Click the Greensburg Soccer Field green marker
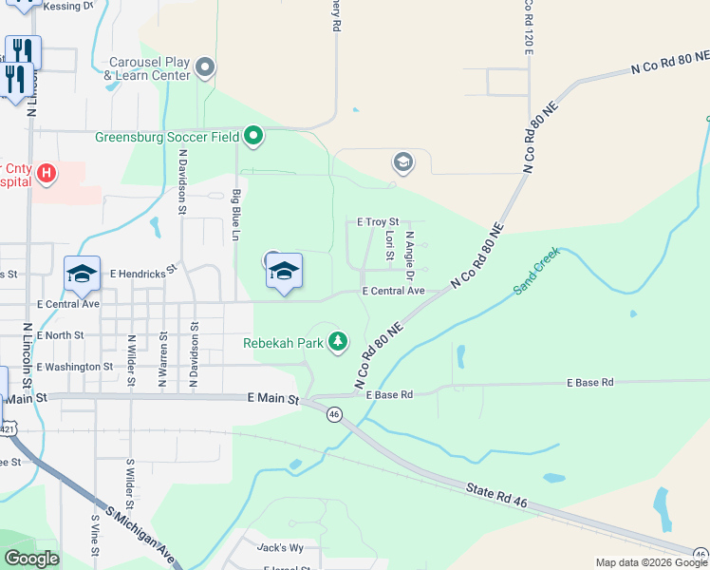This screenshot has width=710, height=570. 252,137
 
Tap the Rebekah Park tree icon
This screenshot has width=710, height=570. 338,342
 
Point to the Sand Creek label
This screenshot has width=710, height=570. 538,271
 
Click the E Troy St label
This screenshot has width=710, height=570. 377,221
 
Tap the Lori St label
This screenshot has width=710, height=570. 390,245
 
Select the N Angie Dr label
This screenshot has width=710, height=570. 410,254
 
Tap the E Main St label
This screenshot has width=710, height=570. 272,399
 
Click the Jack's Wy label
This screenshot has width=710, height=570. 280,547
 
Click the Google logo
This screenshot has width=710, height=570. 31,559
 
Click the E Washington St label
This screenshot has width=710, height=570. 74,366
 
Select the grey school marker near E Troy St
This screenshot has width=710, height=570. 403,163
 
